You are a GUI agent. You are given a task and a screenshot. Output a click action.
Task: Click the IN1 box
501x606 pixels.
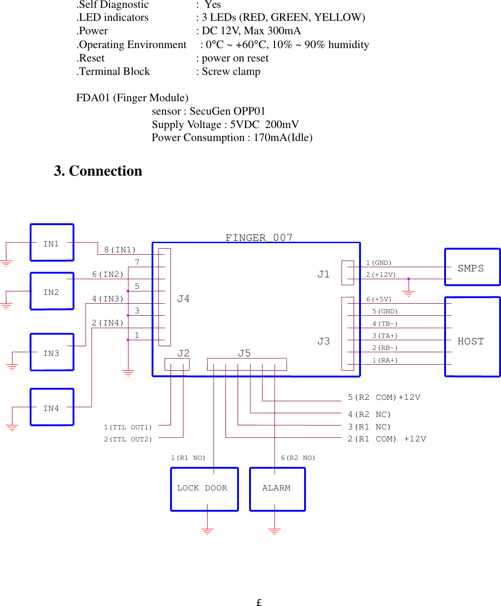52,243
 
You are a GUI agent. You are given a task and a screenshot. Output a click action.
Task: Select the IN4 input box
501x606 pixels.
52,407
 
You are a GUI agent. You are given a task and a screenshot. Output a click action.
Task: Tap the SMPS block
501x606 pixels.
472,267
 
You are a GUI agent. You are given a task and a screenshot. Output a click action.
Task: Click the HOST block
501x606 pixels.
472,337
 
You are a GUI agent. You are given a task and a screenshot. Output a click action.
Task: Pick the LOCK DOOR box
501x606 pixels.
204,489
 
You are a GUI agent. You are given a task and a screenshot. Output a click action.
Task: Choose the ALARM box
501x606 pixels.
277,489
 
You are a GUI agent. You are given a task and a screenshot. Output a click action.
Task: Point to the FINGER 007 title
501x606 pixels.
259,238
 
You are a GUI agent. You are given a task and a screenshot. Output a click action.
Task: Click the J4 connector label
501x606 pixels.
183,299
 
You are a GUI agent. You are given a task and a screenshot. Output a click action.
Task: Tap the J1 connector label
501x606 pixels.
324,274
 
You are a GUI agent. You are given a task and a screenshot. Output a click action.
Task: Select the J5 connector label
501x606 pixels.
244,353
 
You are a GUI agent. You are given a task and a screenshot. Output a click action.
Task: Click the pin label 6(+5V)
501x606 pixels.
379,300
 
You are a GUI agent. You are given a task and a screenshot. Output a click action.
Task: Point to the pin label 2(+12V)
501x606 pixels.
381,275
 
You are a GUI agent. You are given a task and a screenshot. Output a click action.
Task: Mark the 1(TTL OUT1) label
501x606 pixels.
128,427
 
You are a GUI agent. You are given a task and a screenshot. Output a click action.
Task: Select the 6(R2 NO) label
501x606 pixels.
298,458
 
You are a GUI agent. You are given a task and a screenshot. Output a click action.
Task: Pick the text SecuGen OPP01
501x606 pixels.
227,111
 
